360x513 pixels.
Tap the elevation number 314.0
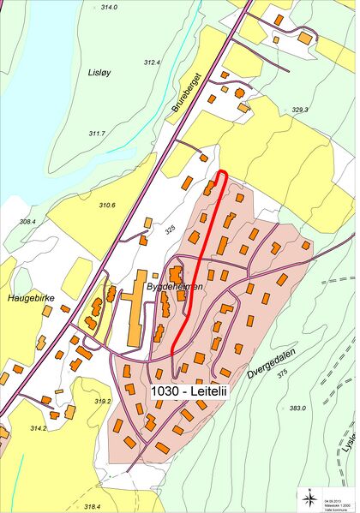coord(108,7)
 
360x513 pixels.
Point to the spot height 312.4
coord(152,63)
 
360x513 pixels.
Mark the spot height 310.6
coord(107,205)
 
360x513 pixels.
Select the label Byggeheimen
coord(175,287)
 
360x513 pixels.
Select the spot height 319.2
coord(103,401)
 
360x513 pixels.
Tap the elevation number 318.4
coord(92,506)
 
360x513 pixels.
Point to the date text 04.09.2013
coord(333,491)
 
